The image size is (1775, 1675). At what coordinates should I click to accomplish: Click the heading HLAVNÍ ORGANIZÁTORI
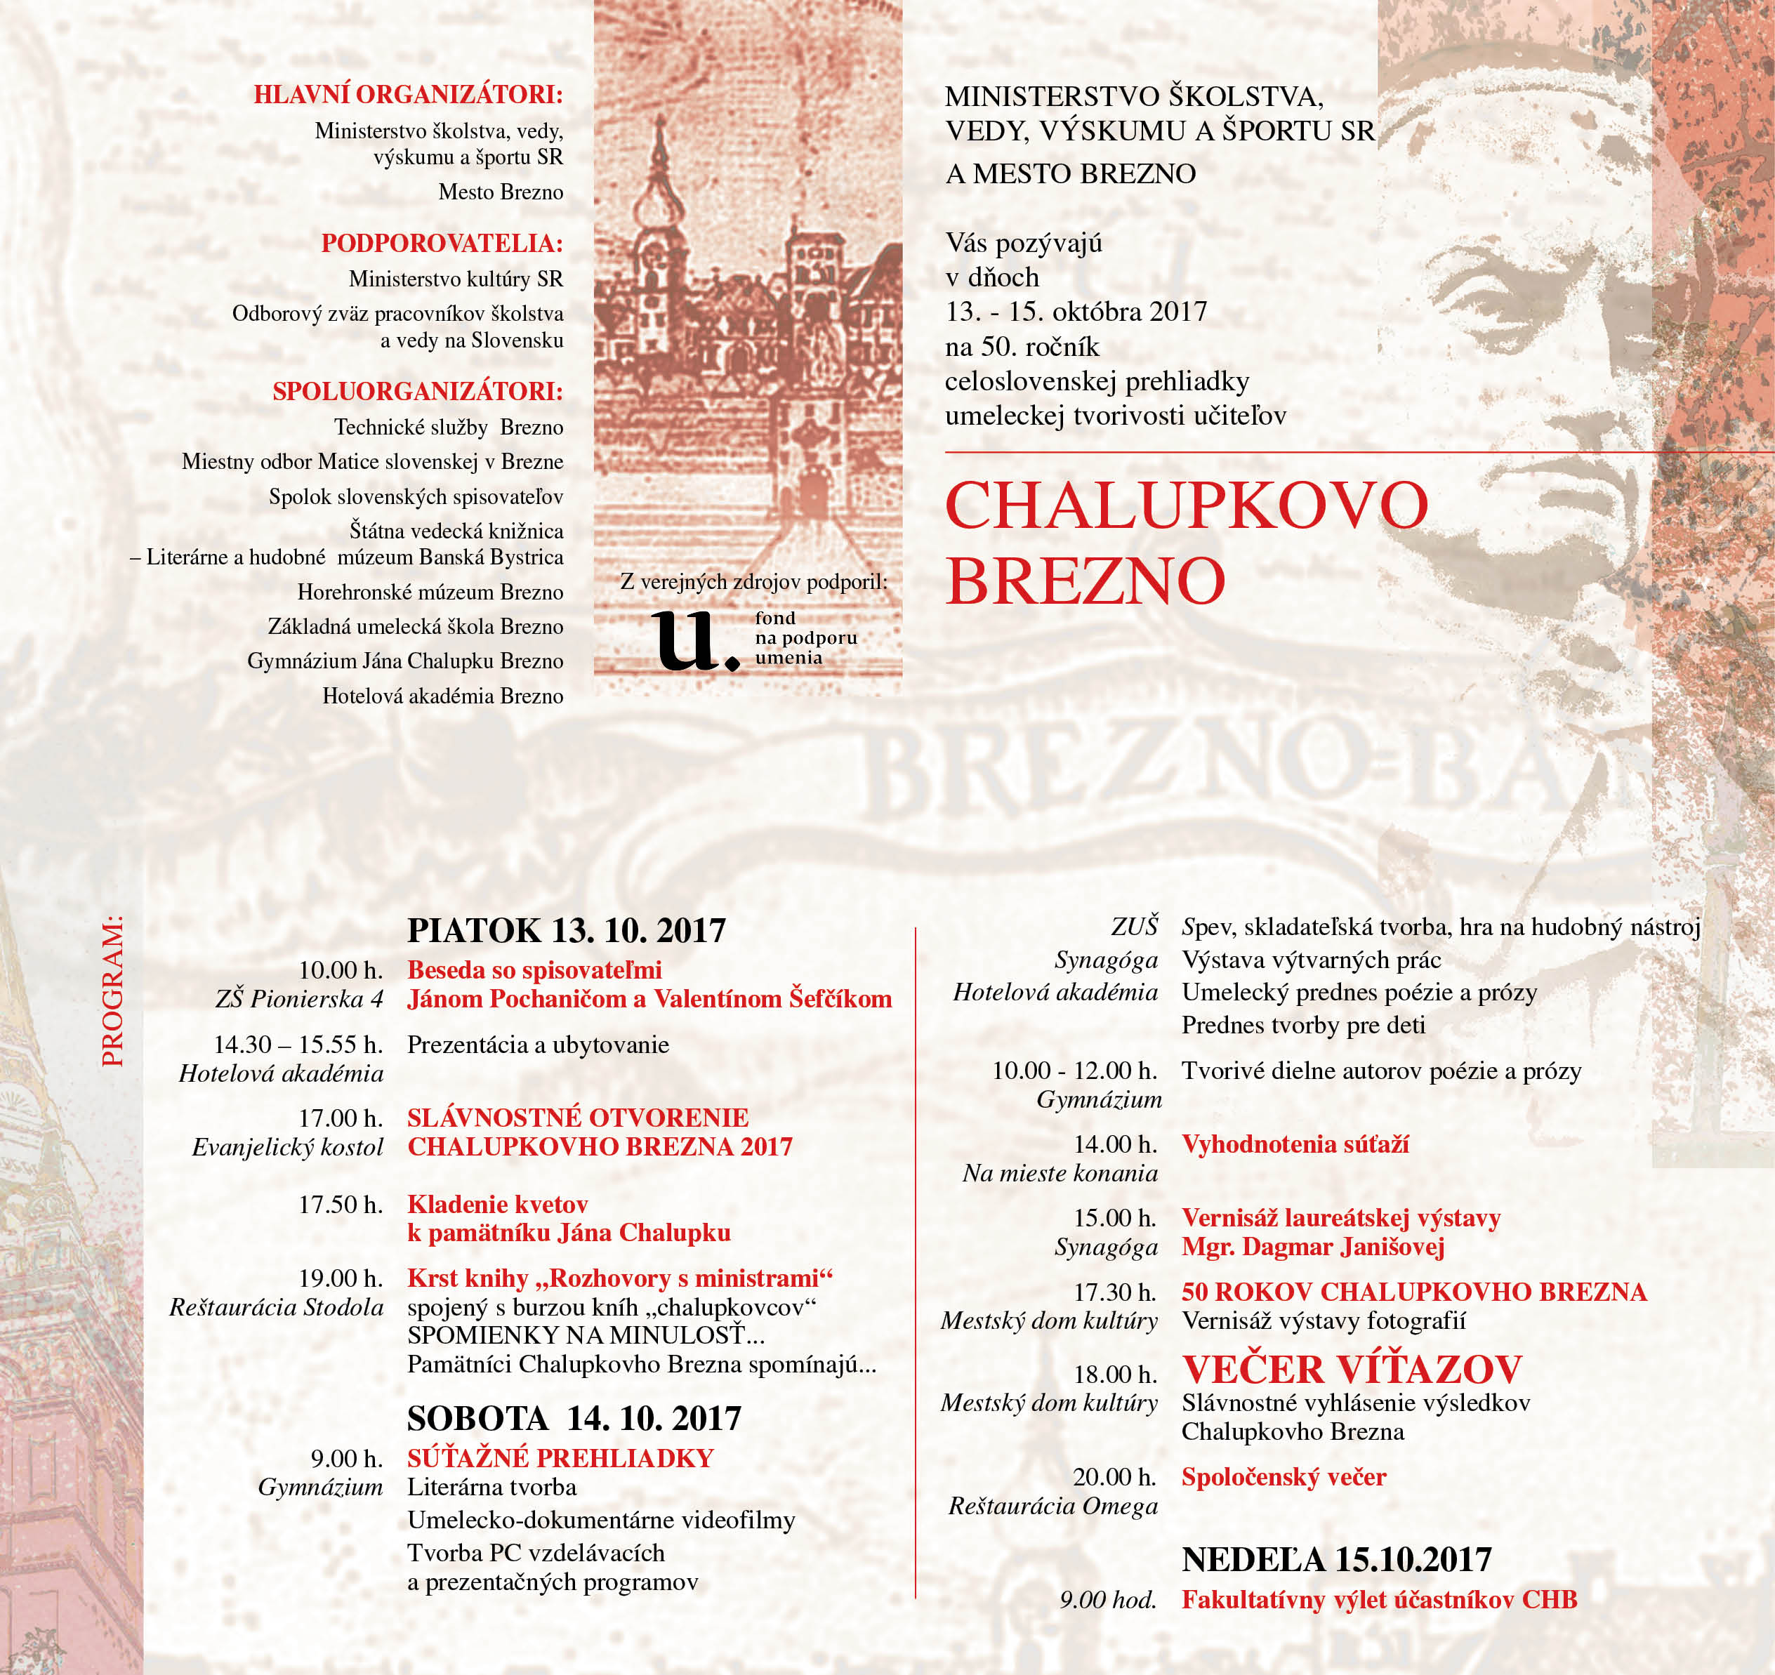[x=408, y=95]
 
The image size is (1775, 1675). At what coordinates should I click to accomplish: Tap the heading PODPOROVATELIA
[x=442, y=243]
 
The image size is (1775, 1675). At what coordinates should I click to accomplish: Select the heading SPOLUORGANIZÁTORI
[x=418, y=391]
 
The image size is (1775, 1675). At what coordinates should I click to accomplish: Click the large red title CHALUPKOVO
[x=1187, y=506]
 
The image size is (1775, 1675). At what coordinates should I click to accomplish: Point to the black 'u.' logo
[x=694, y=640]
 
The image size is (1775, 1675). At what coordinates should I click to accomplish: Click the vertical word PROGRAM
[x=113, y=991]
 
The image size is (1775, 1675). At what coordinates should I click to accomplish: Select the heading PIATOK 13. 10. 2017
[x=566, y=930]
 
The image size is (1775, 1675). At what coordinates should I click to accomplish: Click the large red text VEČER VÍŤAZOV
[x=1352, y=1369]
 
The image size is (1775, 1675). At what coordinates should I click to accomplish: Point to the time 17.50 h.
[x=340, y=1205]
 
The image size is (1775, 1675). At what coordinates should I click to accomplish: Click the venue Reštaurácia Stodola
[x=276, y=1307]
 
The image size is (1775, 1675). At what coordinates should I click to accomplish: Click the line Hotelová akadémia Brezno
[x=443, y=696]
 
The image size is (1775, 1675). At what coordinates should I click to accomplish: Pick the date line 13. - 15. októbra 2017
[x=1076, y=312]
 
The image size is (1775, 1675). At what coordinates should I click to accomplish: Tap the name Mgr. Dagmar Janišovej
[x=1312, y=1247]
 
